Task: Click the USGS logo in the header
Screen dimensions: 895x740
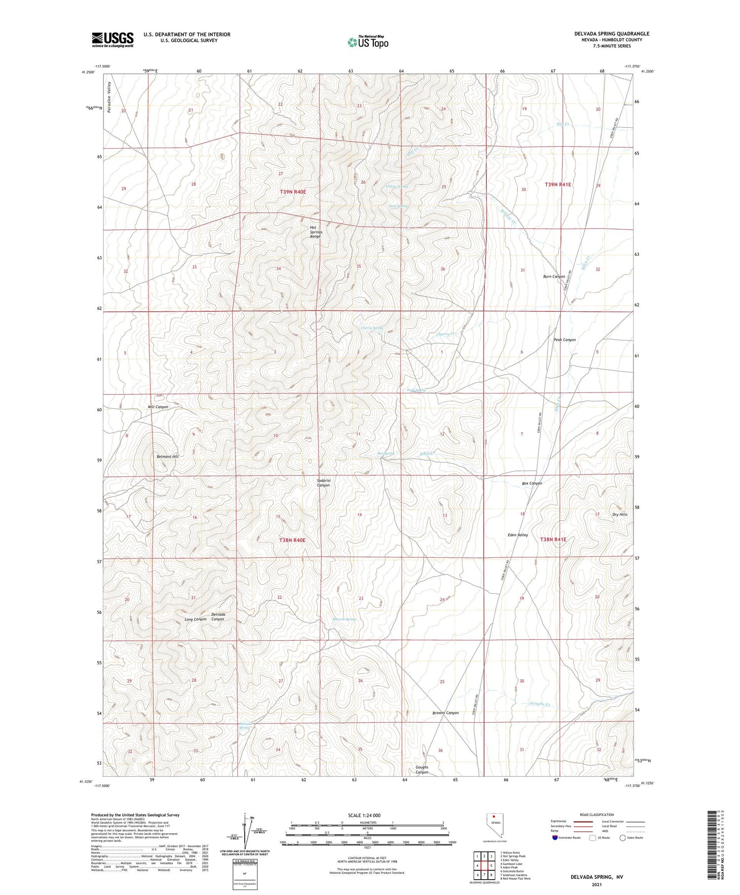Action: point(112,39)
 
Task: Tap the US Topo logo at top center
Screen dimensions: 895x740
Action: point(368,42)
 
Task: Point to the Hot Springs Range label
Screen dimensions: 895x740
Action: point(316,232)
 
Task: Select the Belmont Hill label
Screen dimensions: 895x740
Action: point(167,457)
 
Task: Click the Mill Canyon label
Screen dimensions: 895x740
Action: point(158,407)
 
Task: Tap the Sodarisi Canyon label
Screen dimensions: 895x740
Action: point(323,482)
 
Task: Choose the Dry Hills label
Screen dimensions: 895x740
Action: point(620,514)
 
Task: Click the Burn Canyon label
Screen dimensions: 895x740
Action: point(554,276)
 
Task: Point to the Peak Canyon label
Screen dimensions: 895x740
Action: point(564,340)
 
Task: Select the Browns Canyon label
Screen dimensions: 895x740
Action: point(445,713)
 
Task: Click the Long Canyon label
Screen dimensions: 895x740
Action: point(195,619)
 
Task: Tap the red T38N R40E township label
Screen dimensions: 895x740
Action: point(293,540)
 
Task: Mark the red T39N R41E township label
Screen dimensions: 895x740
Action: point(558,184)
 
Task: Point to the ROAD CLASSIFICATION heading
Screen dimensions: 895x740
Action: point(597,815)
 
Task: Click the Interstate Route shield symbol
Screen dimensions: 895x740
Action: point(555,838)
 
